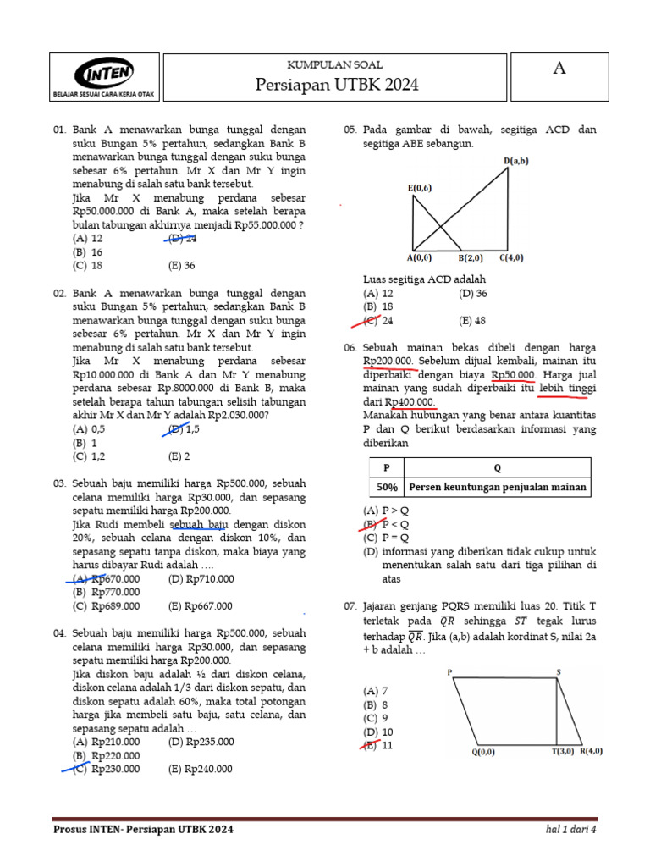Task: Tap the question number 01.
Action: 59,130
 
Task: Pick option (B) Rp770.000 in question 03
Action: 107,593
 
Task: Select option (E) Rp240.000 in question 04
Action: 201,770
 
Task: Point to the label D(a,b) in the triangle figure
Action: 515,161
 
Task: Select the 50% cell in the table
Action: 387,488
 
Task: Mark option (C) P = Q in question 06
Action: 387,538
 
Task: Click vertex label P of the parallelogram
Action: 450,672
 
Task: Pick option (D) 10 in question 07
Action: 377,732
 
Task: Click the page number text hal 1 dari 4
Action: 570,829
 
